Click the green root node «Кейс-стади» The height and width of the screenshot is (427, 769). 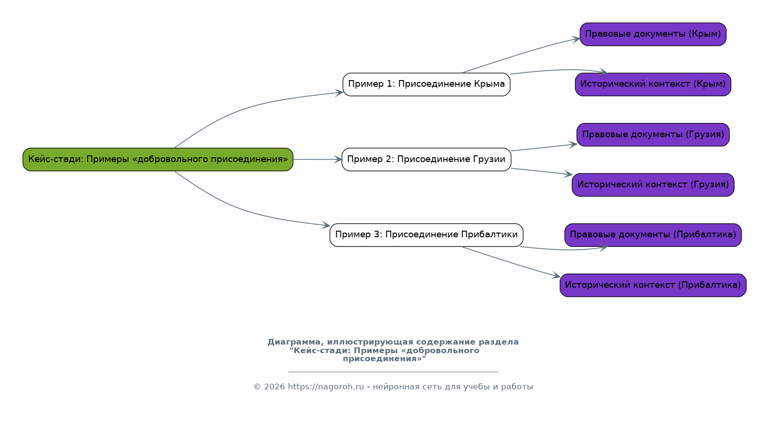tap(158, 159)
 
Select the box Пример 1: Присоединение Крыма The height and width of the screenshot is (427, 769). tap(426, 84)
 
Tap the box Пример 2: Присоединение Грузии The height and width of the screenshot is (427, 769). tap(426, 159)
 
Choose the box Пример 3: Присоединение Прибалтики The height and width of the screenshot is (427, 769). tap(426, 235)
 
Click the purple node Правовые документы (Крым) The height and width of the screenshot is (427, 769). tap(653, 34)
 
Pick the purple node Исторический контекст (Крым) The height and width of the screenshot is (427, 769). tap(653, 84)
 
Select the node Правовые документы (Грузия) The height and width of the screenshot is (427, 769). tap(653, 134)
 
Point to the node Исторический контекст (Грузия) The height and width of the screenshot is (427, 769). tap(653, 184)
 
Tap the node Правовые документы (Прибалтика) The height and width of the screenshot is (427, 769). tap(653, 235)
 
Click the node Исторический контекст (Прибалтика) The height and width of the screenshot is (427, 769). tap(653, 285)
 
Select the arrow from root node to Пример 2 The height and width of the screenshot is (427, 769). tap(318, 159)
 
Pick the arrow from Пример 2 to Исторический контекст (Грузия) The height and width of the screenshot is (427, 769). tap(542, 172)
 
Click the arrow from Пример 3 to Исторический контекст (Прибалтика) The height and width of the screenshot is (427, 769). tap(511, 263)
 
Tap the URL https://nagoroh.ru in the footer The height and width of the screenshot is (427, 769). tap(326, 387)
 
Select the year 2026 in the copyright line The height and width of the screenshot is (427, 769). tap(275, 387)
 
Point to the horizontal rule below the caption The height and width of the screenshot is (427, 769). tap(393, 372)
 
